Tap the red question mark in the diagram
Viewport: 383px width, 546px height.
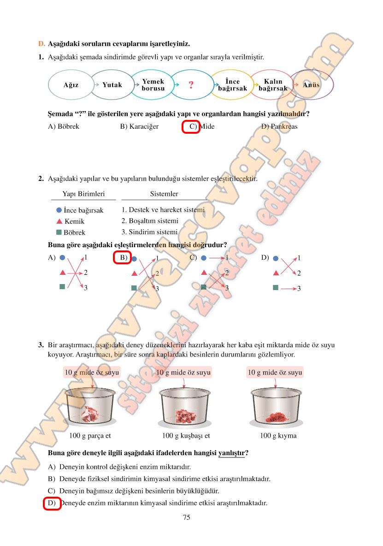pyautogui.click(x=191, y=84)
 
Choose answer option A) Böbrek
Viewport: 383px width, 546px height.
pyautogui.click(x=64, y=126)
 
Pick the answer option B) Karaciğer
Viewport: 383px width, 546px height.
pyautogui.click(x=139, y=126)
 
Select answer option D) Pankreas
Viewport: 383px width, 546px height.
pyautogui.click(x=279, y=126)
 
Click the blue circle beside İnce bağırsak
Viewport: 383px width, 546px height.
pyautogui.click(x=59, y=210)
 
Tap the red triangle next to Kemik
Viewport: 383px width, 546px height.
pyautogui.click(x=59, y=221)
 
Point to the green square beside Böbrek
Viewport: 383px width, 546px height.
pyautogui.click(x=59, y=232)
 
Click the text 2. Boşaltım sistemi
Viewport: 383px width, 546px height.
pyautogui.click(x=150, y=221)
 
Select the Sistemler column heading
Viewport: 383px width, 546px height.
pyautogui.click(x=164, y=194)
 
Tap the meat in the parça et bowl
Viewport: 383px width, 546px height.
pyautogui.click(x=90, y=414)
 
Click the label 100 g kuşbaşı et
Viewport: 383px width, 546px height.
pyautogui.click(x=186, y=436)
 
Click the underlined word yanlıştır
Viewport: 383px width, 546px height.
pyautogui.click(x=231, y=453)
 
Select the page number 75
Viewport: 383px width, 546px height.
pyautogui.click(x=187, y=517)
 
